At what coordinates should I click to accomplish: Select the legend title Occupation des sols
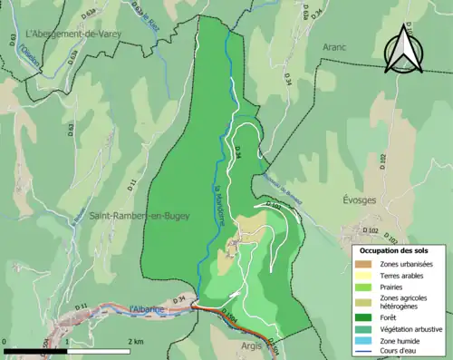click(x=400, y=249)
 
